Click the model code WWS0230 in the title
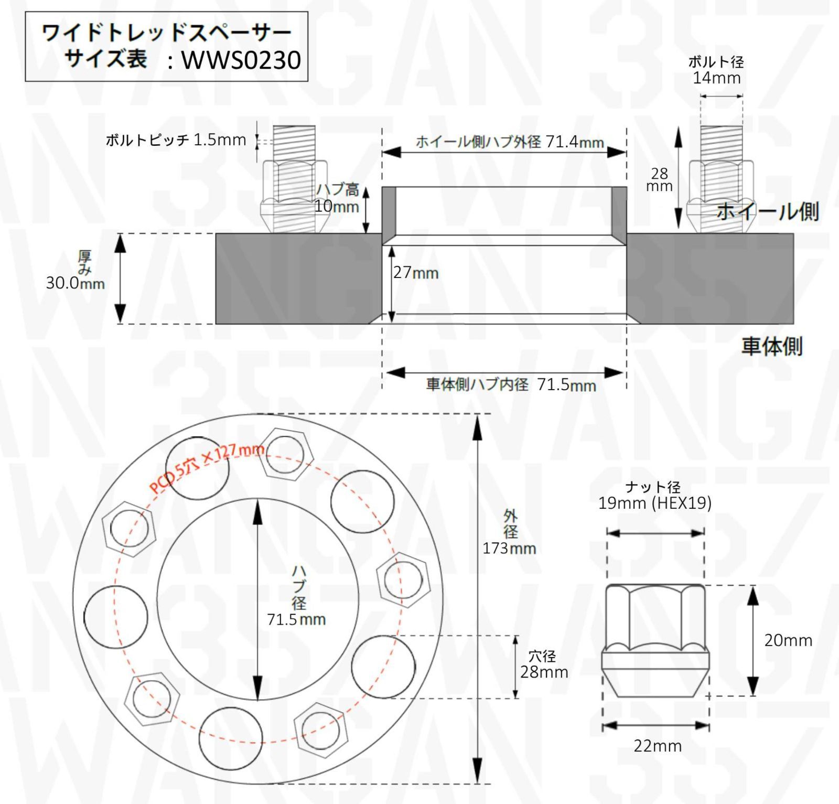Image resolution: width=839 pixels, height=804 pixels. tap(241, 60)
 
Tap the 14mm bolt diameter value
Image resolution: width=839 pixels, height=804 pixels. tap(716, 78)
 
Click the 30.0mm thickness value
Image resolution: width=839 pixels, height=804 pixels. tap(75, 283)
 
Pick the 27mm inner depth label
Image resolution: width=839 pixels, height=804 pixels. tap(416, 273)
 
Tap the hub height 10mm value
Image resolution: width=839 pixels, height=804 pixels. tap(337, 206)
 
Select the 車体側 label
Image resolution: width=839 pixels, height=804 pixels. tap(771, 346)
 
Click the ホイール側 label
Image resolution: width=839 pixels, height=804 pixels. tap(767, 211)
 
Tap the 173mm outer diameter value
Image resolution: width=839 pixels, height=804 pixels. tap(509, 549)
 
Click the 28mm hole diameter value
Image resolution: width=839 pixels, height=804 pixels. tap(544, 672)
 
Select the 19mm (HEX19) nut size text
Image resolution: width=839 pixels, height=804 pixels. tap(654, 503)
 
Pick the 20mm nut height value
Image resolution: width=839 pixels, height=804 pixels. tap(788, 640)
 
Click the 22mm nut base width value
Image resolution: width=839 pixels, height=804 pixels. tap(658, 746)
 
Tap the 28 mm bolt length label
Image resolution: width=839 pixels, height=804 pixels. tap(659, 179)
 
